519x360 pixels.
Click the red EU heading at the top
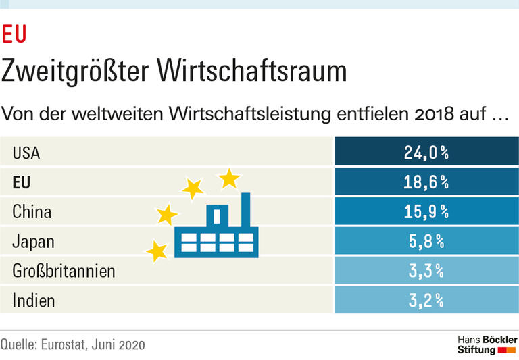[14, 33]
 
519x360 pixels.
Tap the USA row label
[26, 153]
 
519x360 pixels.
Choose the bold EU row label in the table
[22, 183]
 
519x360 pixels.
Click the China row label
[32, 213]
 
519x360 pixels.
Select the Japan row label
[33, 242]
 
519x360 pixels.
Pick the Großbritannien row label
[64, 272]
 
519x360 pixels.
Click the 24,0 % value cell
[426, 153]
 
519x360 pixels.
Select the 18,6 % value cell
[426, 182]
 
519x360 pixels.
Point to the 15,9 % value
[426, 212]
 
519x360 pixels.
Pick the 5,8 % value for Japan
[426, 242]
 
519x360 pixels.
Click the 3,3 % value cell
[426, 271]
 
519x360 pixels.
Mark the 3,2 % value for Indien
[426, 301]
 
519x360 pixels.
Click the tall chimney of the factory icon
[245, 211]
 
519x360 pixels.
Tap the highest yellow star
[229, 178]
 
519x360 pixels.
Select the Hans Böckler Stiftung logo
[487, 344]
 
